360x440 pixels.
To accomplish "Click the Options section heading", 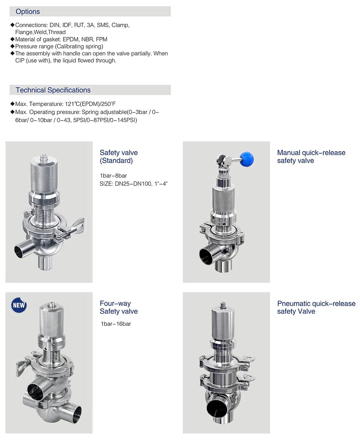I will (28, 12).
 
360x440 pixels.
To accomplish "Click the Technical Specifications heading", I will (53, 90).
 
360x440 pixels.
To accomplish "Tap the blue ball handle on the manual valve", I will (247, 159).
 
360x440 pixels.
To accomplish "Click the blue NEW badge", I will (19, 305).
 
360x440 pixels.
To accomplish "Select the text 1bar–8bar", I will (113, 176).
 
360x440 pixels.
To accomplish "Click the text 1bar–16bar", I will (116, 324).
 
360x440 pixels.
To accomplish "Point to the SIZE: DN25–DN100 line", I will (133, 183).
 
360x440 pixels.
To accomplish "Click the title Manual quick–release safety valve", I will (311, 157).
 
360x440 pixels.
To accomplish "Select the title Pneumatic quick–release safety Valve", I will (316, 307).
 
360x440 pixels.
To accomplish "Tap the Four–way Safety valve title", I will (119, 307).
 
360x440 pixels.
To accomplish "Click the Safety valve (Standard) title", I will (119, 157).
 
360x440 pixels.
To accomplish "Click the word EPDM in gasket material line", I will (70, 39).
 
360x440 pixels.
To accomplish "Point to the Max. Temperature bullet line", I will (65, 104).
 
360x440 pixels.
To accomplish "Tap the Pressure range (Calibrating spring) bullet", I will (59, 46).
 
